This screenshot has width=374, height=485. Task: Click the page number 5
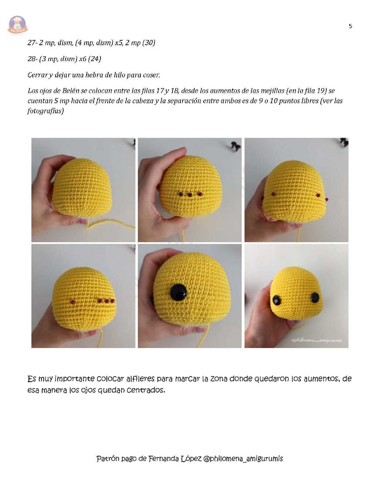click(x=350, y=26)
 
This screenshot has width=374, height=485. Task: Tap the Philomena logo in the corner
click(x=18, y=25)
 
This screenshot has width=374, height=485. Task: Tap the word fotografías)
click(x=46, y=111)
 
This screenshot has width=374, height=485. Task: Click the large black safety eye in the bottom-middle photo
click(x=178, y=292)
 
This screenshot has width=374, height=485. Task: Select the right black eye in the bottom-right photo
click(x=315, y=298)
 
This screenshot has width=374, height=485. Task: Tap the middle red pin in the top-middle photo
click(x=190, y=195)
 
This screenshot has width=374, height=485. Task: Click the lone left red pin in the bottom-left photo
click(x=73, y=302)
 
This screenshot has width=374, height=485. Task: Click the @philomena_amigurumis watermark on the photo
click(x=316, y=340)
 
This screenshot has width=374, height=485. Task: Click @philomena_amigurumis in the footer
click(x=243, y=459)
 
